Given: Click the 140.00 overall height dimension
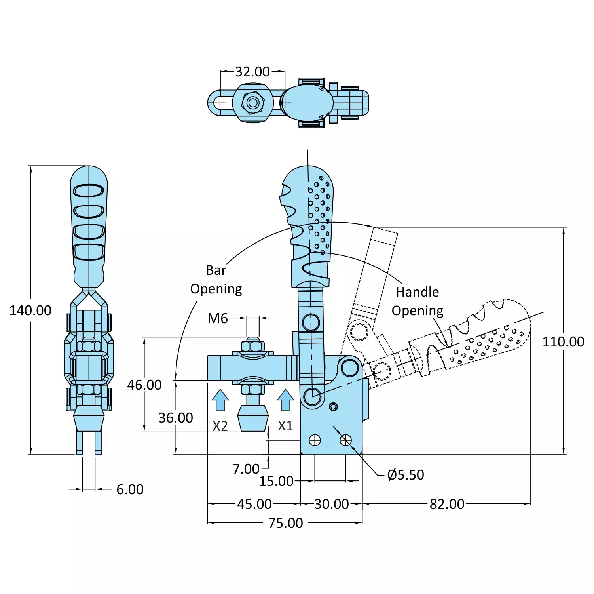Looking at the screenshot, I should coord(30,310).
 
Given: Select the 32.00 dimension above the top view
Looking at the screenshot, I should coord(252,72).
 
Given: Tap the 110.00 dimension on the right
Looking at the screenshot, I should coord(563,342).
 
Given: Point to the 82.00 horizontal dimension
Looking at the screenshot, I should coord(447,504).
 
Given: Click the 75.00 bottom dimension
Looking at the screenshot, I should coord(285,523).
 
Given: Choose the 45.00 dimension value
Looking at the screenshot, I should coord(254,504).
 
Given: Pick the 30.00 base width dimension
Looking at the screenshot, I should coord(331,504).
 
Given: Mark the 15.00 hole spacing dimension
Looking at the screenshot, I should coord(276,481).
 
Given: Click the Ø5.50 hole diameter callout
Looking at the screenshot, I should coord(405,474).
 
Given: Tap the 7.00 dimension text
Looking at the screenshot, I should coord(246,469).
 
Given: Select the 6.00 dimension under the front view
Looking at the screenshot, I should coord(130,489).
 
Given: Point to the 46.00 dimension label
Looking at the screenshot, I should coord(144,385).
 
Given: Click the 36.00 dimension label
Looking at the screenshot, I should coord(176,418).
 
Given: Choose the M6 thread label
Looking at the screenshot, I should coord(218,318).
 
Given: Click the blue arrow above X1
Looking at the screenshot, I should coord(285,400).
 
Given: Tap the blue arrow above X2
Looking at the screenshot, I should coord(220,400).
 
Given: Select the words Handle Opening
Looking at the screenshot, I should coord(418,301).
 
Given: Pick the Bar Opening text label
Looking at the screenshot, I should coord(216,280).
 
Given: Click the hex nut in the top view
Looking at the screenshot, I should coord(253,103).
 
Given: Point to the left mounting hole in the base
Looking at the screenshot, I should coord(315,440).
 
